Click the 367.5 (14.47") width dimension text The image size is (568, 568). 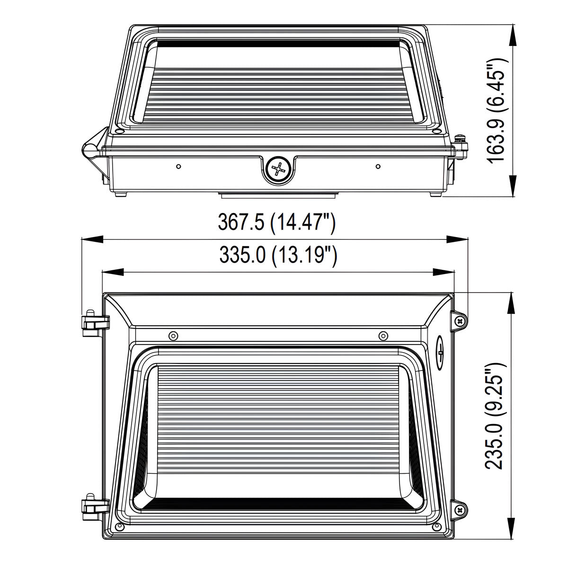coord(276,222)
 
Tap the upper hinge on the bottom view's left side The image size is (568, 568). coord(95,323)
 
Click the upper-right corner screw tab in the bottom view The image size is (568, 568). coord(460,320)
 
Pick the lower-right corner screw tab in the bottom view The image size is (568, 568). coord(460,509)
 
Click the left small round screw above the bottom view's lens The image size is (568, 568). coord(173,336)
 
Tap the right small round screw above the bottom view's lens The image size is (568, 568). coord(383,336)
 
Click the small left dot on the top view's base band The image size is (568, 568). coord(178,166)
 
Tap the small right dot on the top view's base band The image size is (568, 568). coord(378,166)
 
